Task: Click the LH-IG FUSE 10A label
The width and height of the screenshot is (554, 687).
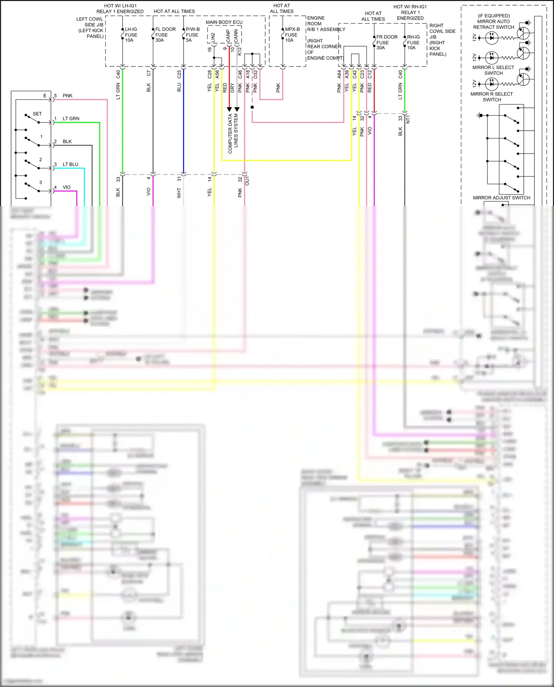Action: point(131,35)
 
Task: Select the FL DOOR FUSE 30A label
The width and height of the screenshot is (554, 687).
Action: point(165,35)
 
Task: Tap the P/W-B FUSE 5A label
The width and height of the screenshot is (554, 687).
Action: point(192,35)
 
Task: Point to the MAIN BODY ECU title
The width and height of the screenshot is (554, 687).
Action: point(224,22)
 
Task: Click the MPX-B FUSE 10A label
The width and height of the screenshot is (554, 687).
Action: point(292,35)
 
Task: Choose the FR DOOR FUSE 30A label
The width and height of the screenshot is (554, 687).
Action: point(386,42)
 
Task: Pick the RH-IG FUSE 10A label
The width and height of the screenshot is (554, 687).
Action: point(413,42)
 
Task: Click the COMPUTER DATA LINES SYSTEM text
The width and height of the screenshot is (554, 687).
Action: point(233,133)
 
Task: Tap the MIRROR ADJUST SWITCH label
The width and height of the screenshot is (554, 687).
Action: point(501,198)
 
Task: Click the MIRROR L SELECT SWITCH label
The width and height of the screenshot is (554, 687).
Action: point(493,70)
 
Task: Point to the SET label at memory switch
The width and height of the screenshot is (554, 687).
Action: point(37,114)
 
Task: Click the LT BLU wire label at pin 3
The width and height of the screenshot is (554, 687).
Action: point(70,164)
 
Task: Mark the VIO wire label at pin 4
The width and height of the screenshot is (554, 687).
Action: point(66,187)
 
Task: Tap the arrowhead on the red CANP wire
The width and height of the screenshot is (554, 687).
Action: point(229,109)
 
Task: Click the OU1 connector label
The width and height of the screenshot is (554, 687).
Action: point(247,181)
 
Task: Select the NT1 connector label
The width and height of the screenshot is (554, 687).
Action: point(408,119)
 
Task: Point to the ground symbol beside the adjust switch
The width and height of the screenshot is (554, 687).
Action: point(479,116)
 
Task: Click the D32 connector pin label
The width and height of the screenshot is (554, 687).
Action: point(255,74)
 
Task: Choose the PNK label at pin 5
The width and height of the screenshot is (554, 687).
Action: point(68,96)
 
